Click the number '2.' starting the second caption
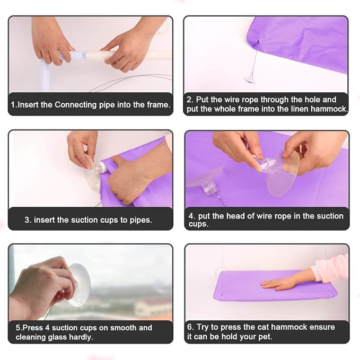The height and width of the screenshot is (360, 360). coord(190,100)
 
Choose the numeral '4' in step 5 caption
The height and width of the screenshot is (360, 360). coord(47,328)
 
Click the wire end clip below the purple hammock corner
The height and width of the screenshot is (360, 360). coord(250,80)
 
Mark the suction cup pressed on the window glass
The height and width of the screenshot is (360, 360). coord(79,285)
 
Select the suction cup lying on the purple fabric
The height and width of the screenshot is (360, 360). coord(204,181)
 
